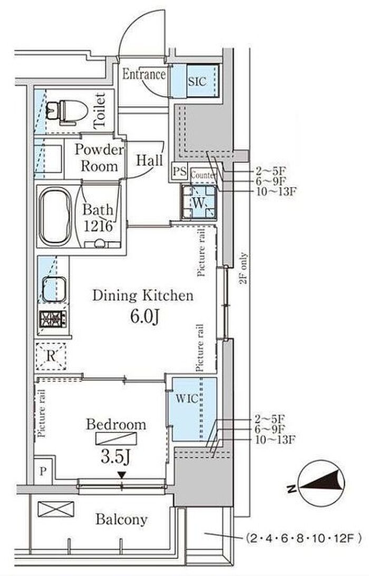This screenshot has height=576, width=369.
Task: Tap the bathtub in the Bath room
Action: coord(56,216)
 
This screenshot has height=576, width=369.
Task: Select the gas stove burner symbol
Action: coord(53,319)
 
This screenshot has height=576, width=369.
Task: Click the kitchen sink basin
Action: coord(54,289)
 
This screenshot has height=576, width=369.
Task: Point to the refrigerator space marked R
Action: coord(51,356)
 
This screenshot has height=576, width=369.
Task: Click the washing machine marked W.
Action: coord(198,203)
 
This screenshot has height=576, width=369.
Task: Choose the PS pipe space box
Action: coord(180,171)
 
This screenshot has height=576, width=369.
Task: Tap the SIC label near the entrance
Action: coord(197,81)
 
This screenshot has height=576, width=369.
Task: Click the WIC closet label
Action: coord(187,398)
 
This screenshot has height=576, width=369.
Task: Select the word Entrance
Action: coord(143,74)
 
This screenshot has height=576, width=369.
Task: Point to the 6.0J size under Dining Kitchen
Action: coord(144,316)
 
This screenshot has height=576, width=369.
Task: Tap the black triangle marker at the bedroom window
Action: coord(122,475)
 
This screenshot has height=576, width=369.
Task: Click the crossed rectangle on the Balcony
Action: coord(56,509)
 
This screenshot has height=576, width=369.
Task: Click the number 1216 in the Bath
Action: coord(98,226)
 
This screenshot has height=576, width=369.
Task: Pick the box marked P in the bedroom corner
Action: coord(44,472)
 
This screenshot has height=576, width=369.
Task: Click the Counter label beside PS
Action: coord(202,176)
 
